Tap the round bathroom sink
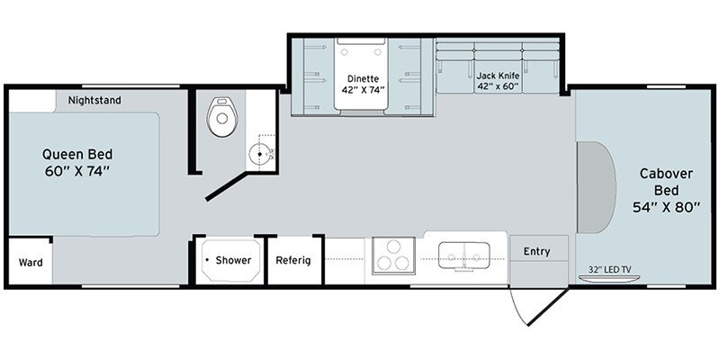pos(260,154)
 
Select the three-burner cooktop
pos(393,256)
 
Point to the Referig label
pos(293,260)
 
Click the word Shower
pos(233,260)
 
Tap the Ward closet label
pos(31,263)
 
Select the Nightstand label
pos(94,100)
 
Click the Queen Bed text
pos(77,154)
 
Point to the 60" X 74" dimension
pos(77,171)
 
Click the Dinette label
pos(363,78)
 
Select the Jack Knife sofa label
pos(498,76)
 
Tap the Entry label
pos(536,251)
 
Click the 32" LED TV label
pos(608,269)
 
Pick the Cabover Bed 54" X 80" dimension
pos(666,207)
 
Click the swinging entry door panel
pos(548,307)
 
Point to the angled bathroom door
pos(227,186)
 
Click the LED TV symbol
pos(608,279)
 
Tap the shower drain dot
pos(208,260)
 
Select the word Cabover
pos(666,174)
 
